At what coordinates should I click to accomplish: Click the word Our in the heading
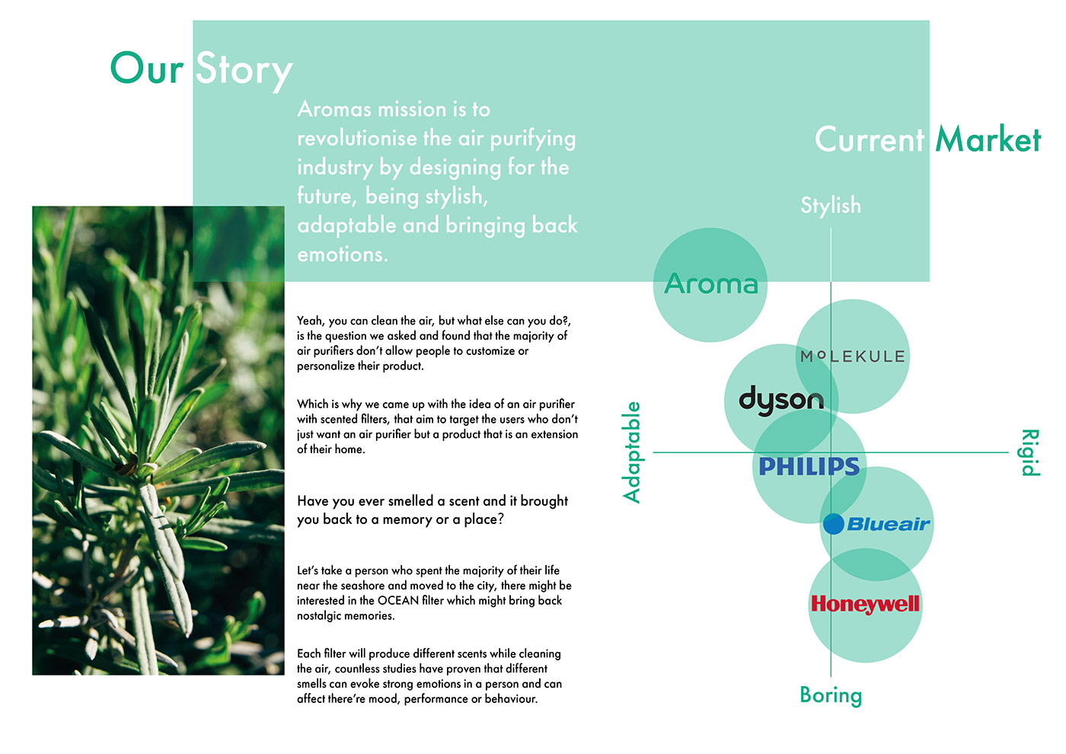pyautogui.click(x=147, y=69)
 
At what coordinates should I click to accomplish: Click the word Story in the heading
pyautogui.click(x=244, y=70)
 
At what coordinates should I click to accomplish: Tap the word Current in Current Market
pyautogui.click(x=870, y=140)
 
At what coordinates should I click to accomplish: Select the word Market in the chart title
pyautogui.click(x=988, y=140)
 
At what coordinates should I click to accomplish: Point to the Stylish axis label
pyautogui.click(x=831, y=206)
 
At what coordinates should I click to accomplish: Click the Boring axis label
pyautogui.click(x=831, y=695)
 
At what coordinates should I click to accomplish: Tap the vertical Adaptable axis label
pyautogui.click(x=632, y=452)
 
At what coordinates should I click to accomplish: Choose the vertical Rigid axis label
pyautogui.click(x=1029, y=452)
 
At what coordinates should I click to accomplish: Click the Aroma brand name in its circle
pyautogui.click(x=711, y=284)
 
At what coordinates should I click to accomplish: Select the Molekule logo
pyautogui.click(x=853, y=356)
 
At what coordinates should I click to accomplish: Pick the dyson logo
pyautogui.click(x=781, y=400)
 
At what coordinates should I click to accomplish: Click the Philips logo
pyautogui.click(x=809, y=466)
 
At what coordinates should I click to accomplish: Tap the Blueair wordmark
pyautogui.click(x=888, y=524)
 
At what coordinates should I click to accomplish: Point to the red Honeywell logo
pyautogui.click(x=865, y=604)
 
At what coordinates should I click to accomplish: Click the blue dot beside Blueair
pyautogui.click(x=834, y=524)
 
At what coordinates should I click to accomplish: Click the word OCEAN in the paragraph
pyautogui.click(x=398, y=601)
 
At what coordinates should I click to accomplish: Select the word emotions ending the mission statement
pyautogui.click(x=342, y=254)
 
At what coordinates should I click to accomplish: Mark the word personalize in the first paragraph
pyautogui.click(x=327, y=366)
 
